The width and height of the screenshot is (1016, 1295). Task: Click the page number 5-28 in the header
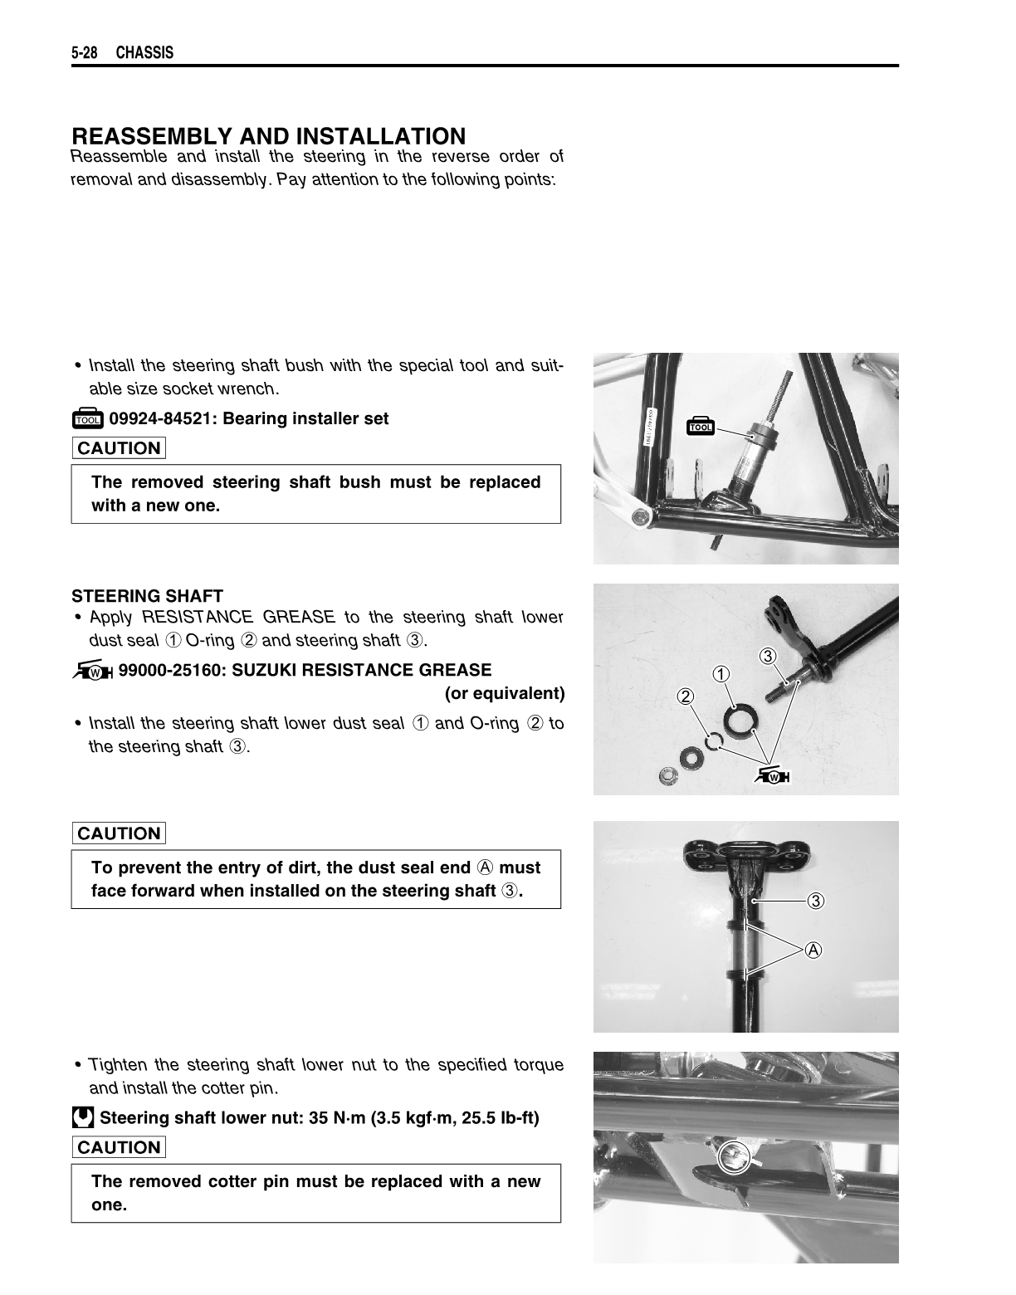pos(85,53)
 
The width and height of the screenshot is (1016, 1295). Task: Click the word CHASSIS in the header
pos(144,53)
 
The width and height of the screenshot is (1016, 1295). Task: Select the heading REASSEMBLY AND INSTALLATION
pos(269,136)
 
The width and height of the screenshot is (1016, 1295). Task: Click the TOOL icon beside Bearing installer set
pos(87,419)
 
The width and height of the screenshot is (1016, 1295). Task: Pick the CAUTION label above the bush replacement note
pos(119,448)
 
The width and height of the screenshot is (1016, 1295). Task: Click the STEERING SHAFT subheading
pos(147,596)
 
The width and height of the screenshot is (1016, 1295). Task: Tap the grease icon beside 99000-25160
pos(93,671)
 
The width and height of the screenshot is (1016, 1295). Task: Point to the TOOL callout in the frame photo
pos(701,427)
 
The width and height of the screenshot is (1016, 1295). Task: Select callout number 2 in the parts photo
pos(686,696)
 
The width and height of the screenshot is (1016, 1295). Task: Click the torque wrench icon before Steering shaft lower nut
pos(82,1118)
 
